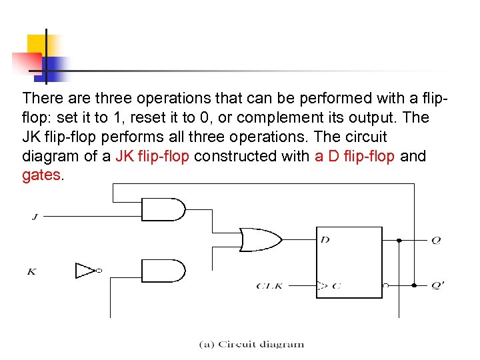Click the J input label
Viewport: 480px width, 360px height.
point(34,216)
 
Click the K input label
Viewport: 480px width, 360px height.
point(31,271)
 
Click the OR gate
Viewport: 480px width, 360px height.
point(259,239)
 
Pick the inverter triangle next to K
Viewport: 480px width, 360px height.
point(86,271)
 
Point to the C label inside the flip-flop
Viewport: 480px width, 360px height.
point(336,286)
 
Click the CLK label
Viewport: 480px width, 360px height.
point(270,286)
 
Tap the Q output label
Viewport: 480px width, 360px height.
point(435,240)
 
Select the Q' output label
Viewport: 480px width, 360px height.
point(437,285)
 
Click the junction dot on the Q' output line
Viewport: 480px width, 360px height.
point(414,285)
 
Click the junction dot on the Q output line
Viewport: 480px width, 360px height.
point(399,240)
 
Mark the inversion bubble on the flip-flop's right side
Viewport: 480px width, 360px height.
point(385,285)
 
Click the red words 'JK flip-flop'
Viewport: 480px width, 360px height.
point(153,156)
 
